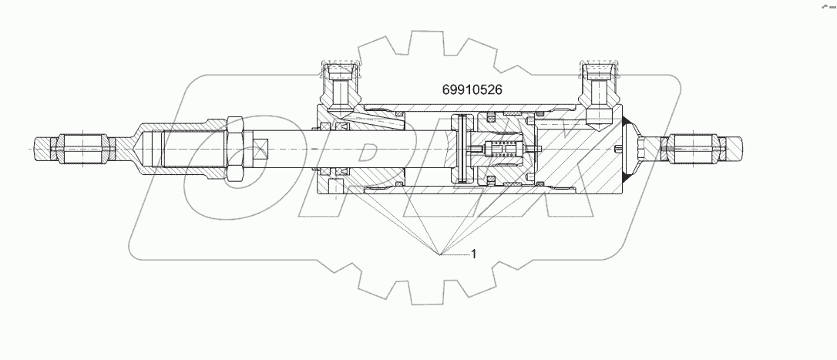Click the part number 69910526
(x=472, y=89)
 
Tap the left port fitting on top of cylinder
(x=338, y=86)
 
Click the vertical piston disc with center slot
(x=462, y=147)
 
